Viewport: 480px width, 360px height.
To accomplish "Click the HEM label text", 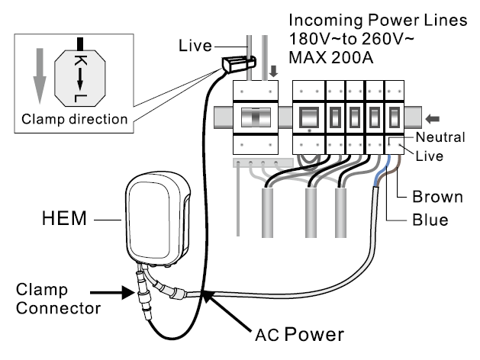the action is [64, 218].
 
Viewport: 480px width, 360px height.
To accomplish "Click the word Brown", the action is [437, 197].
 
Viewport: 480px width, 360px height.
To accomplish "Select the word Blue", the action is [430, 220].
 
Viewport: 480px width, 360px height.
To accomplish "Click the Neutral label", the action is [440, 137].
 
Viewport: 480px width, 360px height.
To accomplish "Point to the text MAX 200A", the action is [331, 57].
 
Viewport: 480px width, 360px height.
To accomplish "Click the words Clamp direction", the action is [74, 119].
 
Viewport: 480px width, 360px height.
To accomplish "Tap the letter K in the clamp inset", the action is [80, 61].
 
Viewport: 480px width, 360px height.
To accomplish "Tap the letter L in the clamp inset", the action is [80, 98].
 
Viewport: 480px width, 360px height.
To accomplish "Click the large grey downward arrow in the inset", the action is [40, 76].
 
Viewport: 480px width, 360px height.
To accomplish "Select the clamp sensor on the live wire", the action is [238, 64].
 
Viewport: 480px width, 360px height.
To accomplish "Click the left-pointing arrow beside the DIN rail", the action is [433, 119].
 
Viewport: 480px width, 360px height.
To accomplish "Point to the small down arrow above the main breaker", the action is [273, 71].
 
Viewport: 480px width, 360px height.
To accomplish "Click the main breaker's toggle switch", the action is [256, 117].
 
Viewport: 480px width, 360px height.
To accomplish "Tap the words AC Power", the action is [300, 334].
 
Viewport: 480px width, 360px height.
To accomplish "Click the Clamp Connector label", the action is [58, 299].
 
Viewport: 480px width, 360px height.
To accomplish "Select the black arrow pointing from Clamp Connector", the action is [112, 292].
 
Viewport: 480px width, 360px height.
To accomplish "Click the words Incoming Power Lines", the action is [378, 20].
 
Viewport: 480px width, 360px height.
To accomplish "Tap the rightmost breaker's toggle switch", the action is [395, 117].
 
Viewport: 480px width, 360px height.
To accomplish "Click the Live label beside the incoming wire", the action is [195, 46].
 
